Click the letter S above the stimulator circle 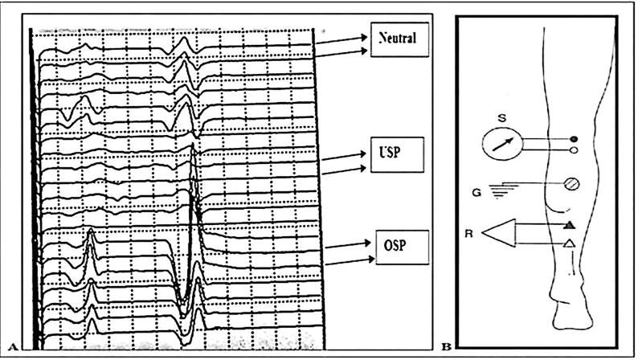501,119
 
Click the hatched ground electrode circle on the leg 571,184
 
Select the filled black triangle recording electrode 568,225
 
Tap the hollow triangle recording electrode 568,243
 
